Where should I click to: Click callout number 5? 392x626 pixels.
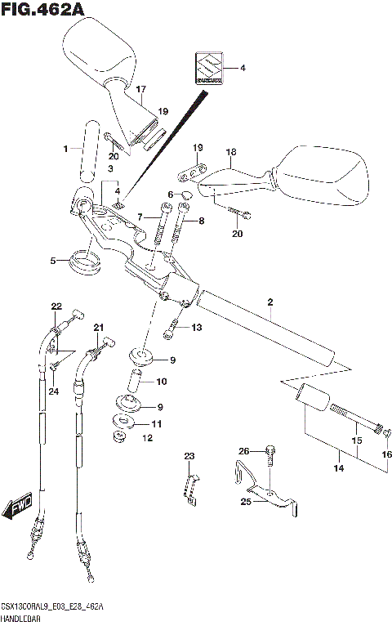pyautogui.click(x=53, y=262)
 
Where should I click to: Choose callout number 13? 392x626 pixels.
pyautogui.click(x=196, y=328)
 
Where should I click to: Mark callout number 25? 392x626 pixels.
pyautogui.click(x=245, y=502)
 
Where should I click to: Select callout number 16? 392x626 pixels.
pyautogui.click(x=387, y=454)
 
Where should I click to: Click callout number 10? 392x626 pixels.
pyautogui.click(x=161, y=381)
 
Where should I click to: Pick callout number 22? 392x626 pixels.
pyautogui.click(x=56, y=306)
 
